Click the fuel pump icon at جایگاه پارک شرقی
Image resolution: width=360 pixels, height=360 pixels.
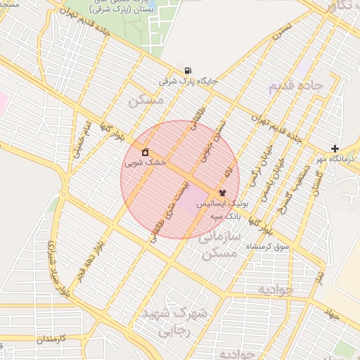click(x=188, y=70)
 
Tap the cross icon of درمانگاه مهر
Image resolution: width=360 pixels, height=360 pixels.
click(x=335, y=148)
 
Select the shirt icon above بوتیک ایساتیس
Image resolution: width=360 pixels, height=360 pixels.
click(x=223, y=191)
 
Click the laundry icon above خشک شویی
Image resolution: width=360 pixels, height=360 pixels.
click(x=145, y=152)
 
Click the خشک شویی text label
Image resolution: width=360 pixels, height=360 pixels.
click(x=145, y=162)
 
